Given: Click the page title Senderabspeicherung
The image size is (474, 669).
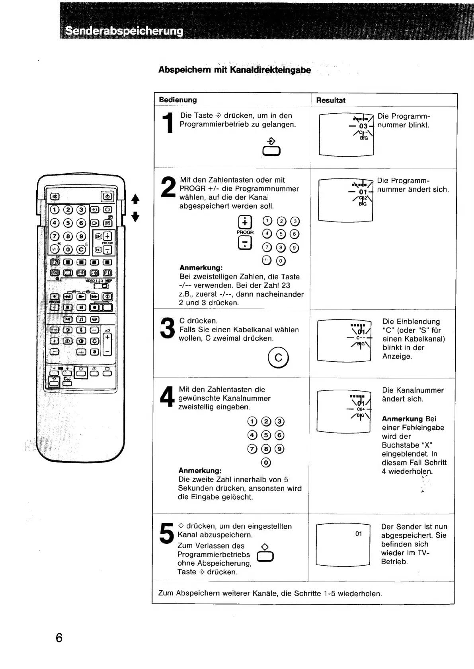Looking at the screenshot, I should coord(124,31).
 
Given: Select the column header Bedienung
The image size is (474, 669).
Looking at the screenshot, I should coord(178,100).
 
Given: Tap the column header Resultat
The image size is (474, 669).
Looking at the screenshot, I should coord(330,100).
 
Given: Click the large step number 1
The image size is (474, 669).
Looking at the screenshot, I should coord(169,122).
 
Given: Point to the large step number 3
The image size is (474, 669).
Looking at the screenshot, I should coord(167,329).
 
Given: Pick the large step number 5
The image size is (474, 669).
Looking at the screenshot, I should coord(166,533).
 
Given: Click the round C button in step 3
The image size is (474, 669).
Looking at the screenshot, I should coord(279,357).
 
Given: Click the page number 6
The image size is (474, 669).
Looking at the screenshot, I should coord(59,638).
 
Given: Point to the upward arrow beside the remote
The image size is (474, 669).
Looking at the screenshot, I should coord(135,198).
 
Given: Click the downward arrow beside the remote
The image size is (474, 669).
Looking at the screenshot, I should coord(135,217).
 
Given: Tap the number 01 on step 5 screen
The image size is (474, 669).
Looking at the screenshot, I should coord(359,533).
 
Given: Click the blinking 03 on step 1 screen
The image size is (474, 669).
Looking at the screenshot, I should coord(363,126).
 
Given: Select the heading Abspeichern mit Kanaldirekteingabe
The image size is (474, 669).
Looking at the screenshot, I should coord(234,70).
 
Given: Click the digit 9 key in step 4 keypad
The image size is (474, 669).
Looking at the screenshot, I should coord(280,449).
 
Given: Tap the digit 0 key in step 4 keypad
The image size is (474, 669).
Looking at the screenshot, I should coord(266,462).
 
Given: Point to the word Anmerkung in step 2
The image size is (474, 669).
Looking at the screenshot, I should coord(201,268).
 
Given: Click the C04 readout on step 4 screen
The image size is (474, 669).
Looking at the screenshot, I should coord(361,409).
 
